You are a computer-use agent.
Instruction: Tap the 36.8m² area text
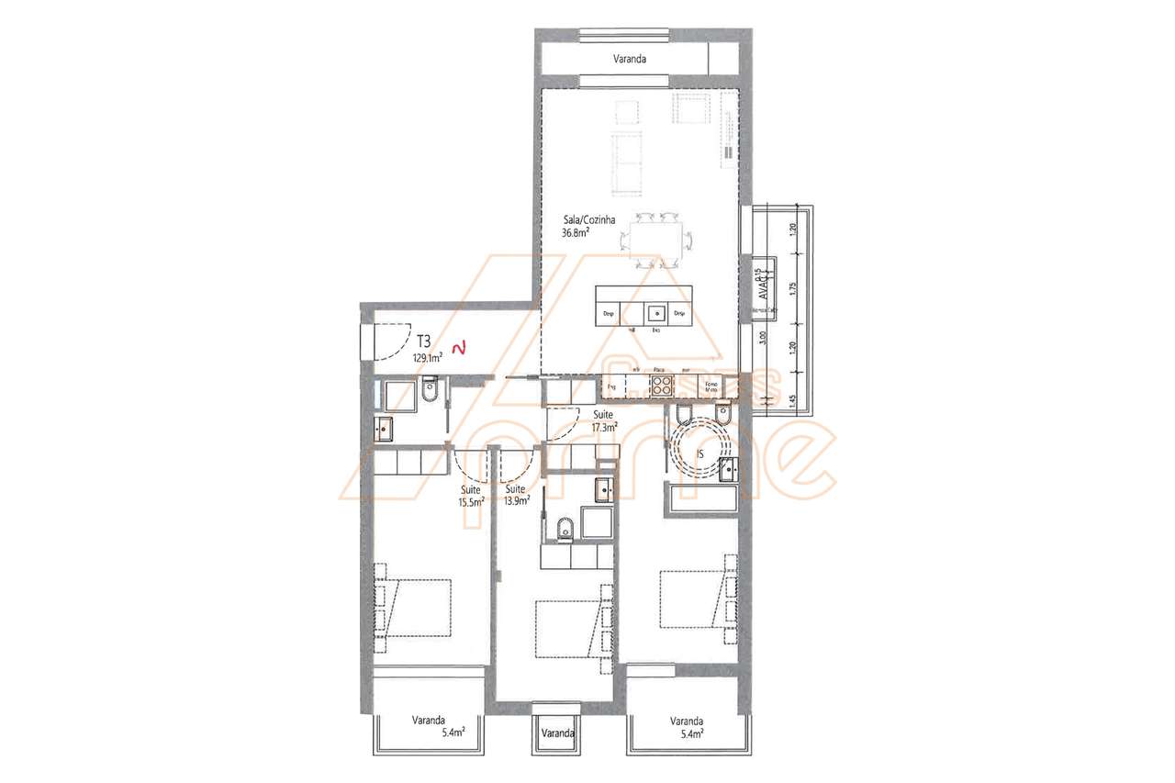coord(576,233)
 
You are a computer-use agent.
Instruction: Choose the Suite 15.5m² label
coord(472,497)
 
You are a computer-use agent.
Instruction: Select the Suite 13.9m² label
coord(517,497)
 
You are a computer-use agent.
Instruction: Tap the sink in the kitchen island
coord(655,310)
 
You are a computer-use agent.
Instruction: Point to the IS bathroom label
coord(699,453)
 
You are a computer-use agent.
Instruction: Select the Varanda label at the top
coord(630,59)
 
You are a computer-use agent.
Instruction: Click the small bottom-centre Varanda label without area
coord(557,733)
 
